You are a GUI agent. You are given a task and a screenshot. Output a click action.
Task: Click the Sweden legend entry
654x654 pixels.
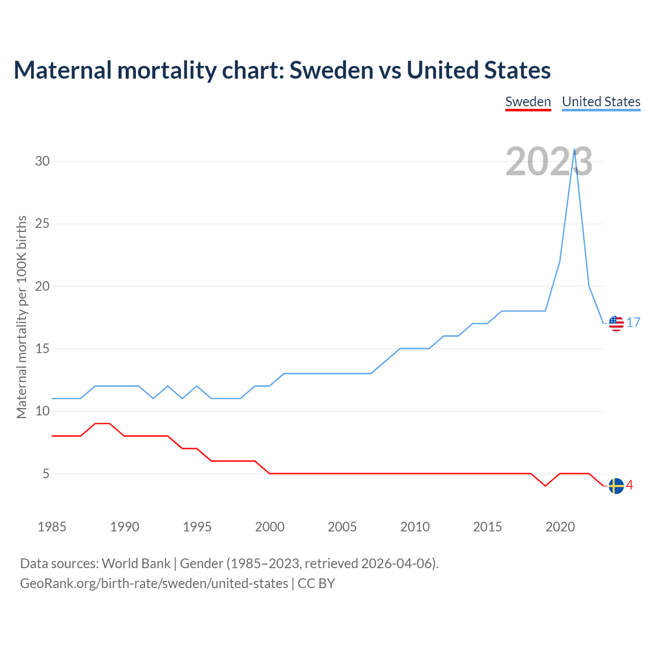tap(528, 102)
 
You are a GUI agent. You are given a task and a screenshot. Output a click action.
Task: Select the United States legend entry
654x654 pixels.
tap(601, 102)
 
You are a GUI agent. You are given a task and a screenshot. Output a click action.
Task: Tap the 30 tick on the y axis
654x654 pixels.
tap(42, 161)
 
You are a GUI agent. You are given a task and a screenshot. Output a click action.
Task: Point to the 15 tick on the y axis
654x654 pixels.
tap(42, 349)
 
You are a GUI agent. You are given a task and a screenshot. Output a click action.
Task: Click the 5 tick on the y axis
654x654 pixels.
tap(46, 474)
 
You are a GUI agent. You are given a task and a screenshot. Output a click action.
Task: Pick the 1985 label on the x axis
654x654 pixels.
tap(52, 527)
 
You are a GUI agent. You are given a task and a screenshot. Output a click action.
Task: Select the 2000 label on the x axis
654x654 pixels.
tap(270, 527)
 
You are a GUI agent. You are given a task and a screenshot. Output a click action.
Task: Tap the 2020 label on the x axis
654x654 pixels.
tap(560, 527)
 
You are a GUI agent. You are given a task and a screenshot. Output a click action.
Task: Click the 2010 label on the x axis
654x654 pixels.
tap(415, 527)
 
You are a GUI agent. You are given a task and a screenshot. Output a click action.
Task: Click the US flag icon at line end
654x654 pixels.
tap(616, 323)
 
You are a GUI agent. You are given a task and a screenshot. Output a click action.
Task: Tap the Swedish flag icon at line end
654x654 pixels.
tap(616, 486)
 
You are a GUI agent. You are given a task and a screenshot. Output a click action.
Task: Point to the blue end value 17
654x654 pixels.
tap(634, 323)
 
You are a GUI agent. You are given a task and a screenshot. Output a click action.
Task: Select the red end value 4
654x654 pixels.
tap(630, 485)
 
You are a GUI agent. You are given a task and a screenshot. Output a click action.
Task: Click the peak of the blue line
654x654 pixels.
tap(575, 149)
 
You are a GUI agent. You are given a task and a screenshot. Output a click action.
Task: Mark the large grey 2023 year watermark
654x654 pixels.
tap(549, 161)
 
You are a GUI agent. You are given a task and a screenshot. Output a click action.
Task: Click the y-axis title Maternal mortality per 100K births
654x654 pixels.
tap(21, 317)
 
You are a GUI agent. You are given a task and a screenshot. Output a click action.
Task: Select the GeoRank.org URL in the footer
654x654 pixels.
tap(154, 583)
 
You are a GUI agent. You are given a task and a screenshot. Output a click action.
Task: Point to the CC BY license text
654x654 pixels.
tap(316, 583)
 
